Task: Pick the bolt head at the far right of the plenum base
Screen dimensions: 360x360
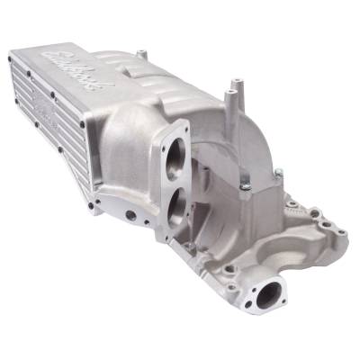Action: tap(279, 174)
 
